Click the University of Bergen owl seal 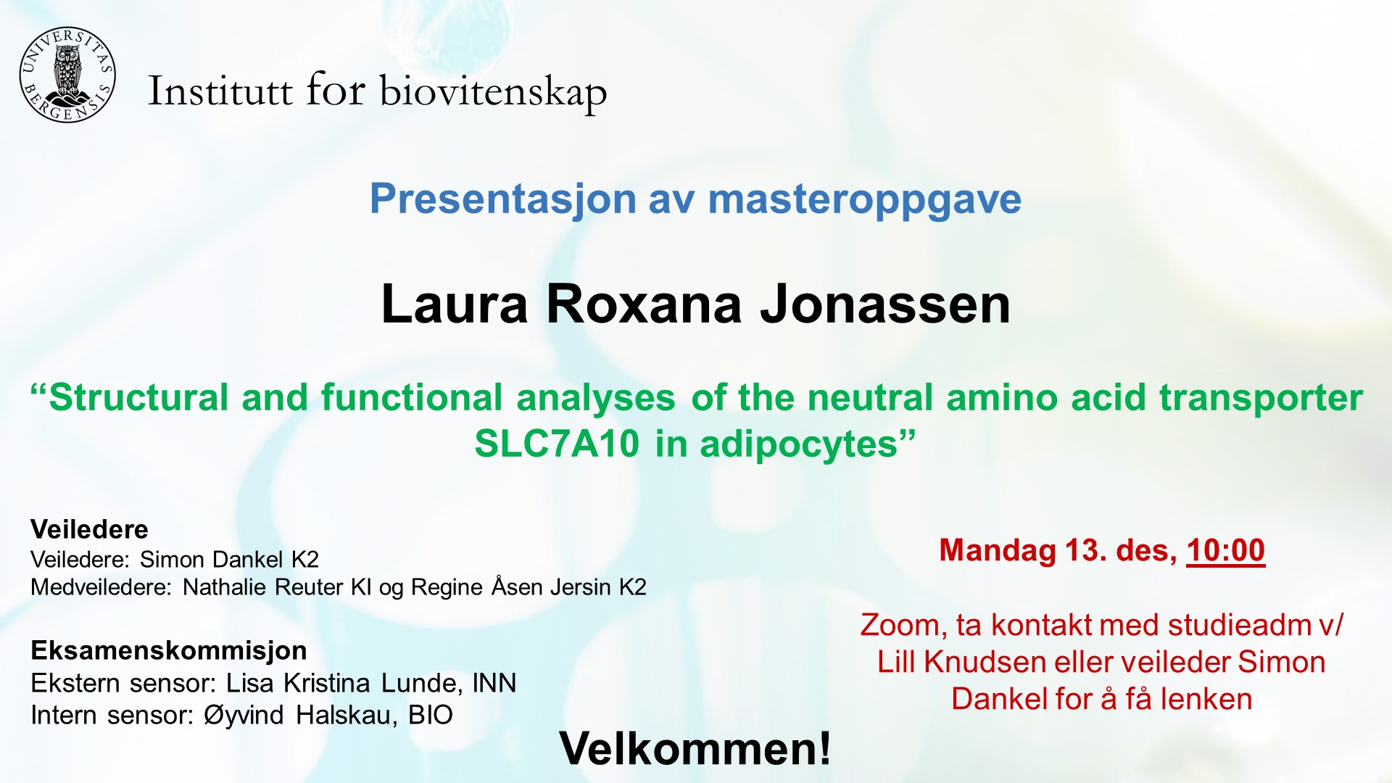point(67,75)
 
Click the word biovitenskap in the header point(493,92)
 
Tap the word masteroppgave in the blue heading point(864,199)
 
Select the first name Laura point(455,304)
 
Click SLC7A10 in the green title point(557,444)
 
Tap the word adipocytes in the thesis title point(798,444)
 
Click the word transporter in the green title point(1261,398)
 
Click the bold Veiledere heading point(89,529)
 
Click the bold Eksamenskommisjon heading point(168,650)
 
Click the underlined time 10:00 point(1225,550)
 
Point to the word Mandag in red point(997,550)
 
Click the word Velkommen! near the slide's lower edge point(695,748)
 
